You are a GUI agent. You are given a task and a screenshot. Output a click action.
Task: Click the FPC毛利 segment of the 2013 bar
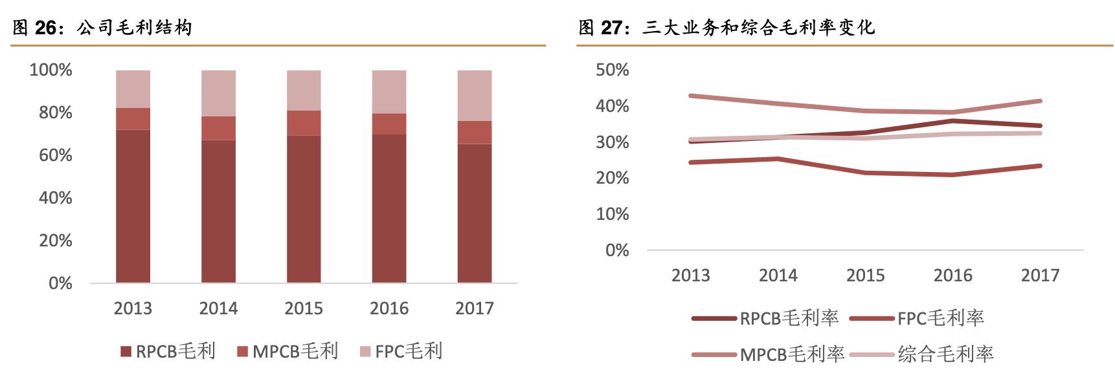[x=133, y=89]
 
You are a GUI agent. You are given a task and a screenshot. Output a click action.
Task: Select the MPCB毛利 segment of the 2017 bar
[x=474, y=132]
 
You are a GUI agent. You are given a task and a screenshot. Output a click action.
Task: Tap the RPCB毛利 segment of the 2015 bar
[x=304, y=208]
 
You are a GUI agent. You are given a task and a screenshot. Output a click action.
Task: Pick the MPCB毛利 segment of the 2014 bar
[x=218, y=128]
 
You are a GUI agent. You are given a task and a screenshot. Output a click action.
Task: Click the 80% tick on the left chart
[x=56, y=113]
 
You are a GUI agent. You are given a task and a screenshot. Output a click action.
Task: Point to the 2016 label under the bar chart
[x=389, y=309]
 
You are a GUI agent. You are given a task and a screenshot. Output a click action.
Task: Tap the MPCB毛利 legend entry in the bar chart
[x=288, y=351]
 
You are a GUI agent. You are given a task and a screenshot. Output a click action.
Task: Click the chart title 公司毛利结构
[x=134, y=28]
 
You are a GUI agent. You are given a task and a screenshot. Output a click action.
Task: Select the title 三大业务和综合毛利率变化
[x=758, y=28]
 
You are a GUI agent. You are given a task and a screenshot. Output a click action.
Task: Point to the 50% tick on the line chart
[x=612, y=70]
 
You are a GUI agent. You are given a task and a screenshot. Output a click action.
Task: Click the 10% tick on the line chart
[x=612, y=214]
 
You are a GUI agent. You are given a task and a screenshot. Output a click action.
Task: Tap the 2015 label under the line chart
[x=865, y=276]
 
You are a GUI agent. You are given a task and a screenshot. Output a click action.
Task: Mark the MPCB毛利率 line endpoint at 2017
[x=1040, y=101]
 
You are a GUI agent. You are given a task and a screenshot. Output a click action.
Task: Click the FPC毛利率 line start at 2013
[x=692, y=162]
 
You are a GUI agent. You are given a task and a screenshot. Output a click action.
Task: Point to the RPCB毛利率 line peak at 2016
[x=952, y=121]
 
